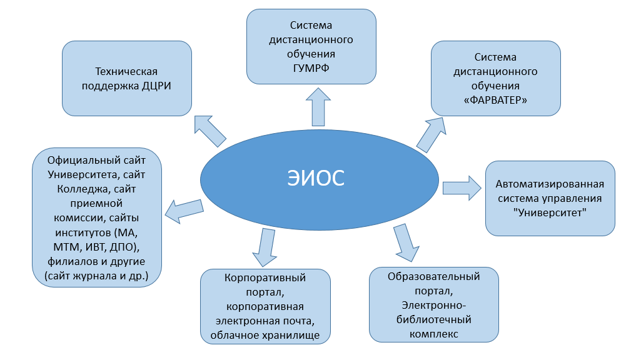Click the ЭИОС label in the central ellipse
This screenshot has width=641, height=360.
[x=318, y=177]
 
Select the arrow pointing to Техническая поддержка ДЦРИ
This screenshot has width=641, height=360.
[x=209, y=130]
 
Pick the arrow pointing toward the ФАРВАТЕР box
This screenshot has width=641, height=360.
[x=431, y=134]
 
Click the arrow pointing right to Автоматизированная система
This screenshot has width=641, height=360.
[x=462, y=187]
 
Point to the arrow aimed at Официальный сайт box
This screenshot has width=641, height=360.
[x=184, y=210]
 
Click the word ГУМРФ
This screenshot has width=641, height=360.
[x=311, y=67]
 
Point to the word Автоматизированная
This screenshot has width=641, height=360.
[x=550, y=184]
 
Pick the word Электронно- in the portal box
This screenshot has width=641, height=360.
[x=433, y=305]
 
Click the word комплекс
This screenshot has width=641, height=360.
[x=434, y=334]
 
